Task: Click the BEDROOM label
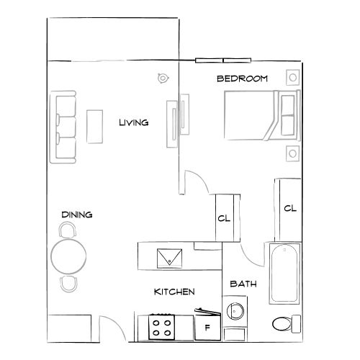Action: (243, 78)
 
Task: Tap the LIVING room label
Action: (133, 122)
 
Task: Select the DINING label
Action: (76, 215)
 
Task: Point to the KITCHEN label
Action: (174, 292)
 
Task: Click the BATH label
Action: (243, 284)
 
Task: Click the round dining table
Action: (68, 256)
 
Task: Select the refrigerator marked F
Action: (208, 328)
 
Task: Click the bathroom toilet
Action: (286, 323)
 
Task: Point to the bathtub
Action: (284, 274)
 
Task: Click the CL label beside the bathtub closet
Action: (290, 209)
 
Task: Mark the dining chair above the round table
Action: (68, 230)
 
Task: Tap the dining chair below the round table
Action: (68, 282)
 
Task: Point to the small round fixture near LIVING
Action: (163, 77)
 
